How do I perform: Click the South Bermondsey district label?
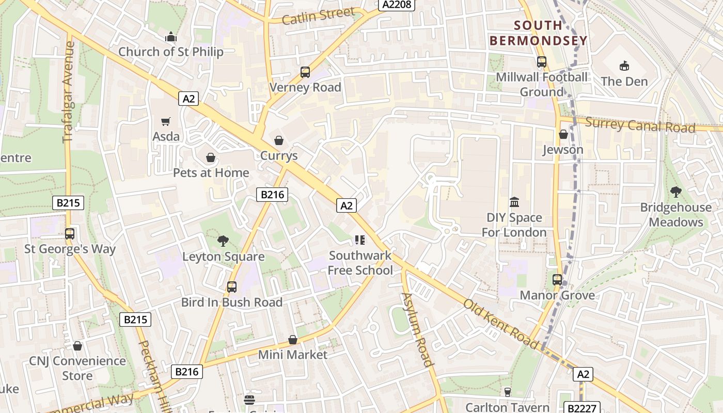click(x=538, y=33)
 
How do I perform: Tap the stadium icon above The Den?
click(x=624, y=66)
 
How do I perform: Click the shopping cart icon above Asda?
click(x=166, y=122)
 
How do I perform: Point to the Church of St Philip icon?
click(x=170, y=37)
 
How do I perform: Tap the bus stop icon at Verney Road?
click(x=305, y=72)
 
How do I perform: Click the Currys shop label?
click(x=279, y=155)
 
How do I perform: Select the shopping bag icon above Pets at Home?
click(x=211, y=157)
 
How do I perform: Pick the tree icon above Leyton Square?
click(x=223, y=241)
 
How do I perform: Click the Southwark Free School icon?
click(x=360, y=240)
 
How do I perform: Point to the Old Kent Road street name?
click(x=501, y=324)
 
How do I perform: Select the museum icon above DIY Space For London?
click(x=514, y=202)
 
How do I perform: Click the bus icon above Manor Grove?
click(x=557, y=280)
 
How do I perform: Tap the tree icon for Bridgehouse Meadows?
click(x=676, y=192)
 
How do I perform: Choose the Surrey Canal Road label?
click(x=640, y=125)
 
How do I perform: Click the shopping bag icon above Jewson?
click(x=563, y=134)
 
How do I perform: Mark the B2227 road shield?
click(x=580, y=408)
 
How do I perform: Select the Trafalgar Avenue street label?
click(x=69, y=92)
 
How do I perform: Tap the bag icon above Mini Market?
click(x=293, y=340)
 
